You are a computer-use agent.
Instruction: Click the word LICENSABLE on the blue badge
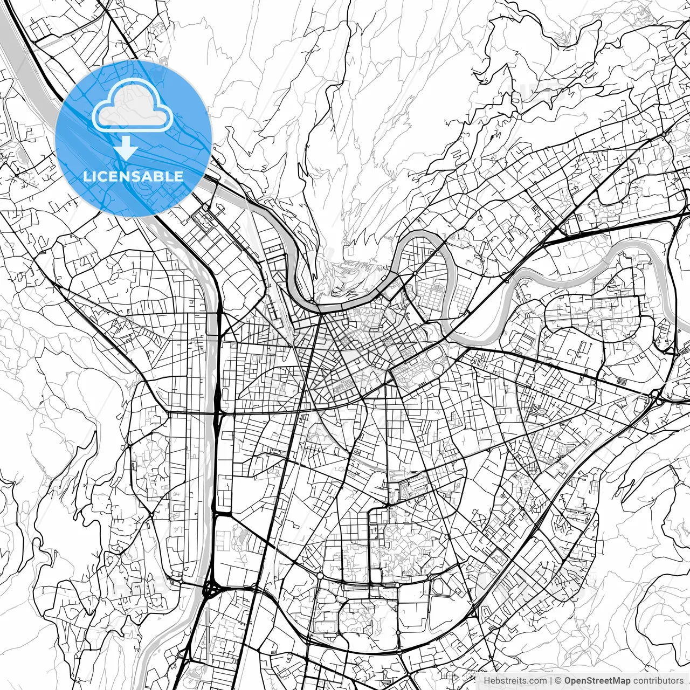coord(133,176)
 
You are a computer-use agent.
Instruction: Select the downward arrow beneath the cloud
coord(126,147)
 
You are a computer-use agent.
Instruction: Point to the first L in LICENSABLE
coord(86,176)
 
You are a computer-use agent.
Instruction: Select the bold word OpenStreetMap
coord(597,681)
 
